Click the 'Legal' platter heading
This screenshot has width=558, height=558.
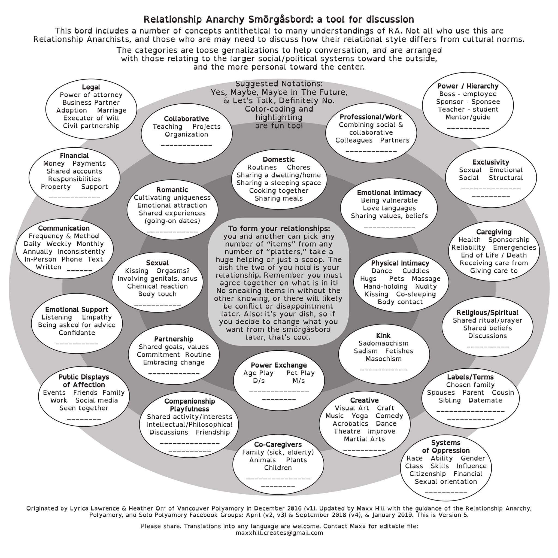pos(91,87)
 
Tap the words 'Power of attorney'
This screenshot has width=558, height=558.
pos(91,95)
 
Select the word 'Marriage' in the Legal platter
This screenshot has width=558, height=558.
pos(112,110)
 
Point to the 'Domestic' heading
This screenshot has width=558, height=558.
pos(279,159)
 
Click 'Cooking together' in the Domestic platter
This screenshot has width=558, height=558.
pos(279,191)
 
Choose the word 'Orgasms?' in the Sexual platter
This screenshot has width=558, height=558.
pos(173,271)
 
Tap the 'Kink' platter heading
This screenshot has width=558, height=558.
pos(383,336)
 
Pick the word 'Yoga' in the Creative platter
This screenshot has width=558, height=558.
pos(360,416)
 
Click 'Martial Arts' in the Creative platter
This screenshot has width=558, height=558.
pos(364,439)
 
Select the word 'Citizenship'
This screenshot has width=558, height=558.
pos(427,474)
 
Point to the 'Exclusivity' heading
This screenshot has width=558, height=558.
pos(491,162)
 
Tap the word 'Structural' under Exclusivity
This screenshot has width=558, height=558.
pos(506,178)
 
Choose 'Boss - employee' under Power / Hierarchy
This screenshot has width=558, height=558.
pos(468,94)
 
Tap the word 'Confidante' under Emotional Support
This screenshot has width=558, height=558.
pos(77,333)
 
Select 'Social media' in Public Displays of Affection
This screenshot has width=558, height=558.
pos(96,400)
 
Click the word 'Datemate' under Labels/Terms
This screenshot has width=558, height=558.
pos(485,400)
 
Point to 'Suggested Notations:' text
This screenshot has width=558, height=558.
pos(279,84)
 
